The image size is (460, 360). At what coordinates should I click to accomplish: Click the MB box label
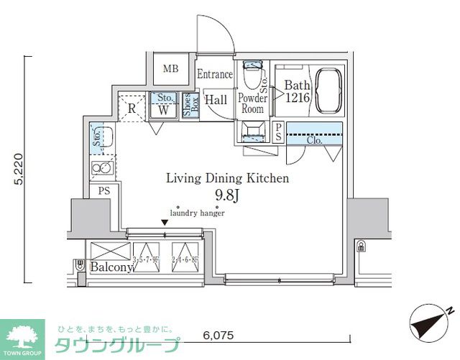(170, 69)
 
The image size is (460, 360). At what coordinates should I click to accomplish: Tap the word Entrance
(215, 74)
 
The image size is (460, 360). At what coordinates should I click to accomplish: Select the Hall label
(216, 101)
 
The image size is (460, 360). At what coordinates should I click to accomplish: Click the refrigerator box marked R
(132, 109)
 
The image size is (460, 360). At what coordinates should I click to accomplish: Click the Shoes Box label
(190, 106)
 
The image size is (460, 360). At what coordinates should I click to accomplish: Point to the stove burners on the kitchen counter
(100, 169)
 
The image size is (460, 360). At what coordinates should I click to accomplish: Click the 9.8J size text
(226, 194)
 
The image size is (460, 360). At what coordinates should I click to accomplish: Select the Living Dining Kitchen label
(227, 177)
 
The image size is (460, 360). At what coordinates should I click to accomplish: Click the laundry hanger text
(197, 213)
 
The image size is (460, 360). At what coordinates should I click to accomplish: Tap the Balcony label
(111, 267)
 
